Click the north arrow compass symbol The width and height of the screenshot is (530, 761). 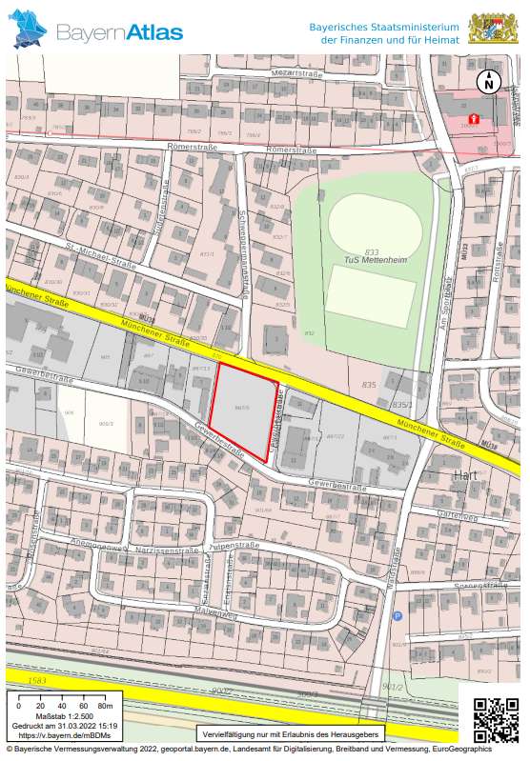click(x=489, y=82)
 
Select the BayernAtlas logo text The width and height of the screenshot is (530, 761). click(x=119, y=32)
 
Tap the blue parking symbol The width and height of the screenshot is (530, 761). click(x=397, y=616)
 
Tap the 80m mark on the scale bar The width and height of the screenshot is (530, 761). click(x=105, y=706)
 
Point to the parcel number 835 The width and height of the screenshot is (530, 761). click(x=369, y=385)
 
